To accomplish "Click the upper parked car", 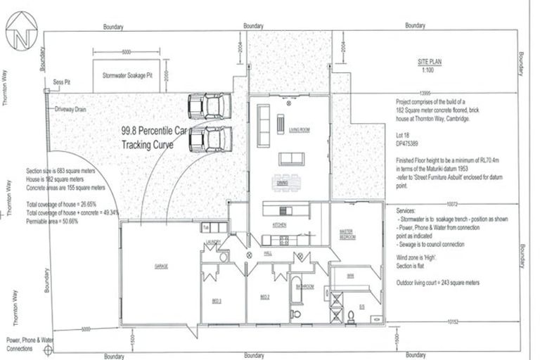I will pos(209,107).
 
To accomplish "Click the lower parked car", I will pos(210,139).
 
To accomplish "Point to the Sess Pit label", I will pos(62,82).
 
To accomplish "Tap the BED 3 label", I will pos(217,300).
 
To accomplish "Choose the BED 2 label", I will pos(265,297).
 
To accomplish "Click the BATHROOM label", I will pos(304,287).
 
